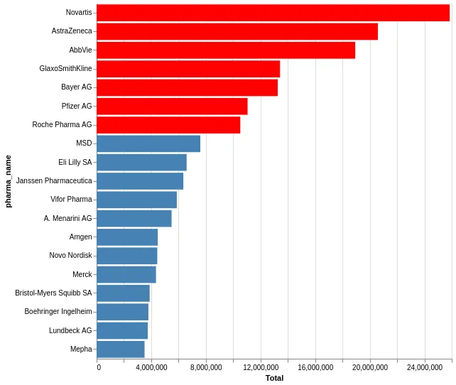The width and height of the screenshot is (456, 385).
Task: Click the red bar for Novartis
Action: tap(273, 13)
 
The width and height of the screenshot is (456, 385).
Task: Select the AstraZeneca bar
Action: tap(237, 31)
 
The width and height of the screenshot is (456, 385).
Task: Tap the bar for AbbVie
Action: tap(226, 50)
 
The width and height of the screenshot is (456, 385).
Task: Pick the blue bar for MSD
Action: tap(148, 143)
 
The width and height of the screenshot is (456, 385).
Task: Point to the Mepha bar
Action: tap(121, 349)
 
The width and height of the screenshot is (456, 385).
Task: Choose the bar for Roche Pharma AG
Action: tap(168, 125)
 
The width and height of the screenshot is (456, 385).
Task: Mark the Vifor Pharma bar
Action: tap(136, 200)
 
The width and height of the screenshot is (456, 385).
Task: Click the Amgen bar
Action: tap(127, 237)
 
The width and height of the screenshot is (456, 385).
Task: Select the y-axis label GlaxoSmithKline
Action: tap(65, 69)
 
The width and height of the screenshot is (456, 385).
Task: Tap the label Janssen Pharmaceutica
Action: tap(54, 181)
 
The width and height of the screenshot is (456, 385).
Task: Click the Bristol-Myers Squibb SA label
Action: tap(53, 293)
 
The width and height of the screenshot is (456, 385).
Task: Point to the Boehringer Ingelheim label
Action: tap(58, 312)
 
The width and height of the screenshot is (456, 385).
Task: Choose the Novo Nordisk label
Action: tap(70, 256)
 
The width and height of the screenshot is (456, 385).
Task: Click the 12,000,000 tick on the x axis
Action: tap(261, 367)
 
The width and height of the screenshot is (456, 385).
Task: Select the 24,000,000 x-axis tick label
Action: tap(425, 367)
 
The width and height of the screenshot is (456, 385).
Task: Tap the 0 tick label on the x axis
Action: tap(98, 367)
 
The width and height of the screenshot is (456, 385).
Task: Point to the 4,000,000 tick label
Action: tap(151, 367)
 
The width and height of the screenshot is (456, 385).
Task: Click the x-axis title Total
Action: tap(274, 378)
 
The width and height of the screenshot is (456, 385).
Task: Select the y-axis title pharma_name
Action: tap(9, 181)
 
